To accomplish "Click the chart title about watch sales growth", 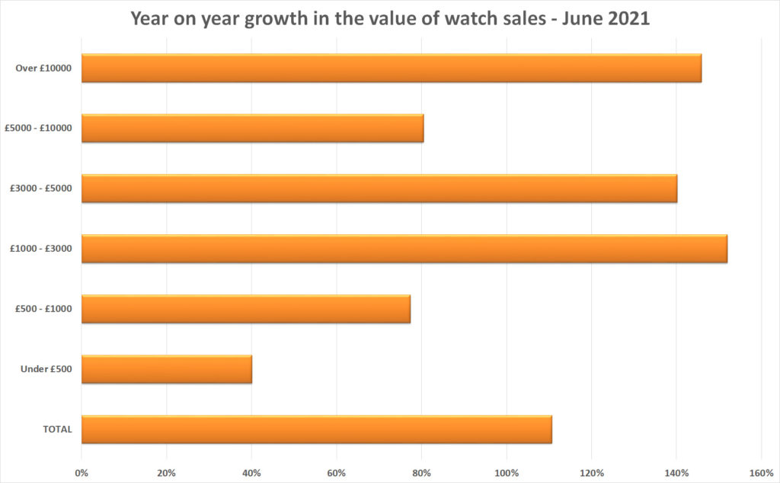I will [x=390, y=18].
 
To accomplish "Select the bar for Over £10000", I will [x=391, y=68].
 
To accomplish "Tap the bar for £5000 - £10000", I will [x=252, y=129].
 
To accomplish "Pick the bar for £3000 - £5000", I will [x=379, y=189].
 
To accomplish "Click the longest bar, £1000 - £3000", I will [x=404, y=249].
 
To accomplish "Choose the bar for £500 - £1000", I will [x=245, y=309].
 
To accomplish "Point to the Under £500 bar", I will [x=166, y=369].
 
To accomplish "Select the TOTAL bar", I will [x=316, y=429].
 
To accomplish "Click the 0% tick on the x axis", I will [x=82, y=472].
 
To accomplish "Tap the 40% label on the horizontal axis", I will [x=251, y=472].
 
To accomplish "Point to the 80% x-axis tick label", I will [x=421, y=472].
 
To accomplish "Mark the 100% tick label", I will [x=507, y=472].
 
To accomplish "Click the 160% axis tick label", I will [x=761, y=472].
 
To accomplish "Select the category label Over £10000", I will [x=43, y=68].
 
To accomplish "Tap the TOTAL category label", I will [x=57, y=429].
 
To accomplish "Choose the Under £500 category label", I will [x=46, y=369].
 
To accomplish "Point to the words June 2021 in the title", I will [x=607, y=18].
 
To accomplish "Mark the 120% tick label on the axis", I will [x=591, y=472].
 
